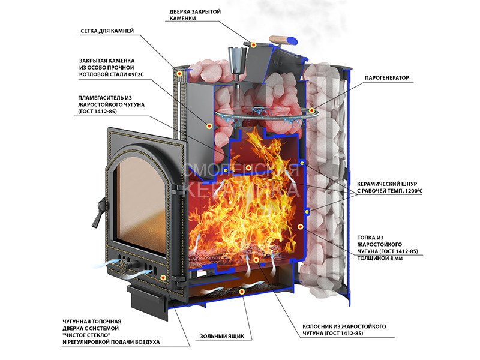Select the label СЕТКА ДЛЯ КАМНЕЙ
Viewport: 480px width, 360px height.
(x=107, y=31)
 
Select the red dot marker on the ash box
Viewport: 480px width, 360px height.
(x=242, y=292)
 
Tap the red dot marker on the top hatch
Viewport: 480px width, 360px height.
(x=254, y=45)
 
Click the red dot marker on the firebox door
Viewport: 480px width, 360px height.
(x=163, y=277)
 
